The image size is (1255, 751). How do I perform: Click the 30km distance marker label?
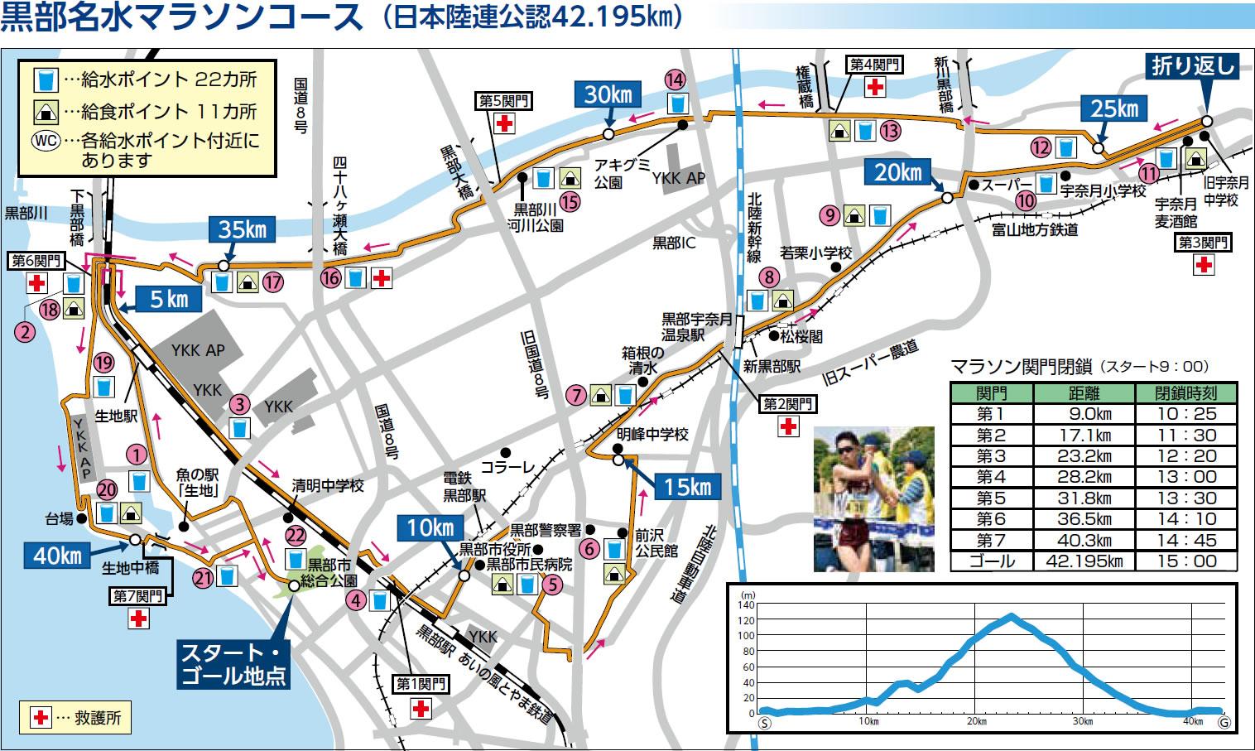click(x=608, y=95)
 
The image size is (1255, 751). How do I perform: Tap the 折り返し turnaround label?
click(x=1192, y=65)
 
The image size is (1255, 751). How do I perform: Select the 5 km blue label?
click(x=169, y=299)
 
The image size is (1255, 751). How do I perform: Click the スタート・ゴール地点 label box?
click(x=233, y=663)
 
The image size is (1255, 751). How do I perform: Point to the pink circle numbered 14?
click(x=676, y=79)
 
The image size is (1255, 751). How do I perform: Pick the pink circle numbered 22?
click(x=295, y=536)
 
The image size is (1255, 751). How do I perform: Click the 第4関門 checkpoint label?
click(x=875, y=64)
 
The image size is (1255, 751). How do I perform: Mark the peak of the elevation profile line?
click(x=1010, y=616)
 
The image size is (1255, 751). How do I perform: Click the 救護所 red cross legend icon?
click(x=40, y=717)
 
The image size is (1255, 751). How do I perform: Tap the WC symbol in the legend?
click(x=45, y=140)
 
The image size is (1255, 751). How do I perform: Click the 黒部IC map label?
click(x=675, y=243)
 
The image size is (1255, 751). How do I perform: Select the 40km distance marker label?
click(x=57, y=556)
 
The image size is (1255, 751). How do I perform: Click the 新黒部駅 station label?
click(x=772, y=365)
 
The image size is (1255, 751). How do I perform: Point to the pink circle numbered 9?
click(x=830, y=215)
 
